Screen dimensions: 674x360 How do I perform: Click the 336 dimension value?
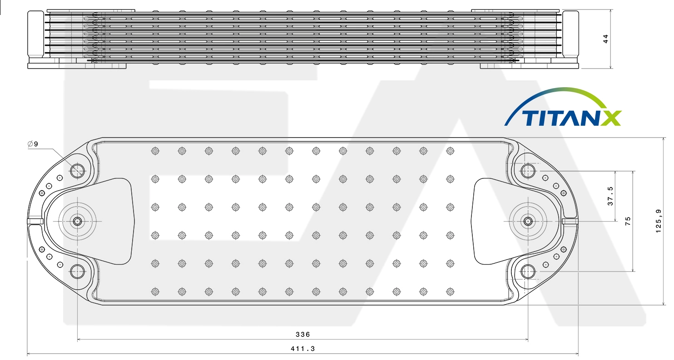pos(302,334)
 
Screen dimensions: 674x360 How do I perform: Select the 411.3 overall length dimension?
pos(302,349)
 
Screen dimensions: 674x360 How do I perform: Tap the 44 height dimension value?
pos(606,39)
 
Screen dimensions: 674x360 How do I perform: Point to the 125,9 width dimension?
pos(659,221)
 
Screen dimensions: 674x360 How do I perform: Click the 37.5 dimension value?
pos(610,196)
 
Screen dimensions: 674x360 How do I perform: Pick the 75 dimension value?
pos(628,221)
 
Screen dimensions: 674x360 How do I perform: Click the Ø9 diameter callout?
pos(33,144)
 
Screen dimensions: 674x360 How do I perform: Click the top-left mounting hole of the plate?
pos(78,171)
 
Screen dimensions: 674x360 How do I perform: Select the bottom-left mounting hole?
pos(78,271)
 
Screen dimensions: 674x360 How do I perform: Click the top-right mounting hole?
pos(528,171)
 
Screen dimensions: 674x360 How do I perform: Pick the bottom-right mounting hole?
pos(528,271)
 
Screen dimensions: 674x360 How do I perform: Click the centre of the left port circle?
pos(77,222)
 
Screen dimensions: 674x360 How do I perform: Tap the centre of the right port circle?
pos(528,222)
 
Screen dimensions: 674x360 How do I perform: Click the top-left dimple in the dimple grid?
pos(155,151)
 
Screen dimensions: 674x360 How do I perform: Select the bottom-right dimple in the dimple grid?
pos(450,291)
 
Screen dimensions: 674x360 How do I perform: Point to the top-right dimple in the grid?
pos(450,151)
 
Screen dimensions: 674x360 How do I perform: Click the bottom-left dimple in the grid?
pos(155,291)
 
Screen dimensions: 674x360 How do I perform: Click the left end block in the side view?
pos(36,35)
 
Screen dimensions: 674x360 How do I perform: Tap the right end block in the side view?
pos(570,35)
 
